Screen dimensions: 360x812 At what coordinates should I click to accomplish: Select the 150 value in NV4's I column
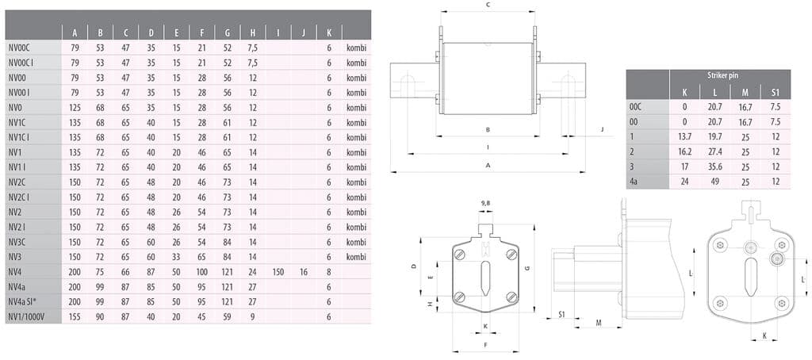[x=278, y=271]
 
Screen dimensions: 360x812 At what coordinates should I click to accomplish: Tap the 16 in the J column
[x=304, y=271]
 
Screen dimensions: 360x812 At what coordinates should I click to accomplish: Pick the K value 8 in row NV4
[x=329, y=271]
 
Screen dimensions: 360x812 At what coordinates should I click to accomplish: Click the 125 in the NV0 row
[x=75, y=107]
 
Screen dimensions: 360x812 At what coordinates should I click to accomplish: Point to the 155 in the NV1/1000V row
[x=75, y=316]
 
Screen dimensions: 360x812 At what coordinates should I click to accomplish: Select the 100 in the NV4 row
[x=202, y=271]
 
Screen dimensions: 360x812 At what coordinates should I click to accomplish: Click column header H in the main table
[x=253, y=33]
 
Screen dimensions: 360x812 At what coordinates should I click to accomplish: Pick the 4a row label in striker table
[x=634, y=181]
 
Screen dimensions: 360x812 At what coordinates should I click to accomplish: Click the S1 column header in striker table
[x=775, y=91]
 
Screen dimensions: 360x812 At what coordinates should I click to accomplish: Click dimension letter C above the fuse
[x=488, y=5]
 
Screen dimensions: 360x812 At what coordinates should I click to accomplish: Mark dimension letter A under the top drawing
[x=488, y=165]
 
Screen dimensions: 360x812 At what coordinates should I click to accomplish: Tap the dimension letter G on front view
[x=526, y=269]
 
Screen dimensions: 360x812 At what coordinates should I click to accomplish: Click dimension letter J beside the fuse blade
[x=602, y=128]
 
